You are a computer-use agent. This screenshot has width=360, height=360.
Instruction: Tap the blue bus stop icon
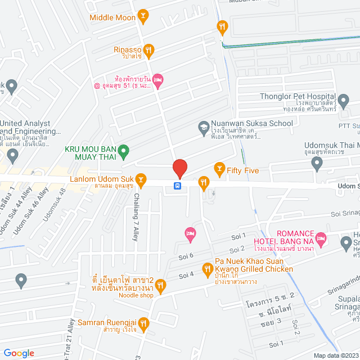pos(177,186)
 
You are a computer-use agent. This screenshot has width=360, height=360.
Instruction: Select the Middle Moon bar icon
pos(143,17)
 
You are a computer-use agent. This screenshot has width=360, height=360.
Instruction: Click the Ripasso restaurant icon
pos(148,49)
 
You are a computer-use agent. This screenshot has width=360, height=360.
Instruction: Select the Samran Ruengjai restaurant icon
pos(143,323)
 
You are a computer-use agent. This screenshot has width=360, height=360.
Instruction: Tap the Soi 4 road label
pos(186,275)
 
